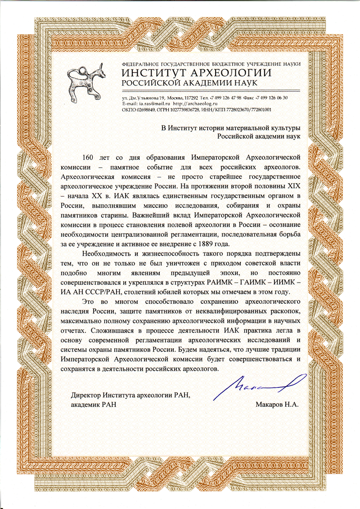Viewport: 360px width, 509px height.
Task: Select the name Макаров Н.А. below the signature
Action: click(x=277, y=404)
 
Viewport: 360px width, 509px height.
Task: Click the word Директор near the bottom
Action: click(x=87, y=395)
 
